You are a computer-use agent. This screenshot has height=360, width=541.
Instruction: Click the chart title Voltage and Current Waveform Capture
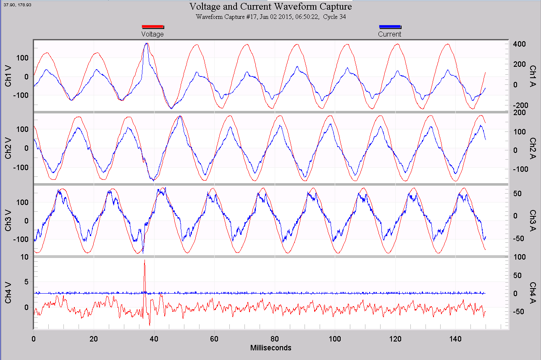click(x=270, y=7)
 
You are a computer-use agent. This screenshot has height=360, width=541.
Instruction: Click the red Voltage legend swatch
click(x=152, y=26)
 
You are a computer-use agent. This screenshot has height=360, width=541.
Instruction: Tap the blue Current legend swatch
click(x=390, y=26)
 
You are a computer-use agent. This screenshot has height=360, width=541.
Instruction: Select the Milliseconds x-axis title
click(x=270, y=348)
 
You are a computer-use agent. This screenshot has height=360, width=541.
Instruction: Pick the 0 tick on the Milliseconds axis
click(x=34, y=338)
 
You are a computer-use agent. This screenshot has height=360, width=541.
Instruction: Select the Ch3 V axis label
click(x=8, y=221)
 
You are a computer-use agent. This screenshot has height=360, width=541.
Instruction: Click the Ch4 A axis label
click(x=533, y=293)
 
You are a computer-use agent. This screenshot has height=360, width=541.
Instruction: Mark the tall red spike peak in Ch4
click(x=144, y=260)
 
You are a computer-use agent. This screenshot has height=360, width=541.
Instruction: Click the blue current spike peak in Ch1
click(x=146, y=43)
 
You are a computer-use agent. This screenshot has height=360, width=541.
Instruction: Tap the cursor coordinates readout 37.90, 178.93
click(x=17, y=4)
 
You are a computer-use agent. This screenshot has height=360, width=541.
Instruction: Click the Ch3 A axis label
click(x=533, y=221)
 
